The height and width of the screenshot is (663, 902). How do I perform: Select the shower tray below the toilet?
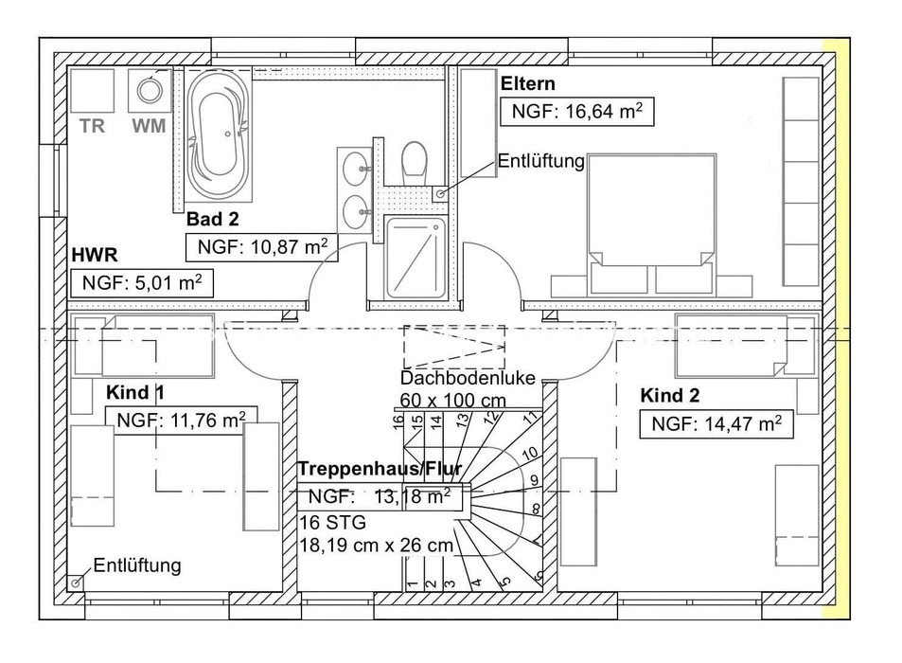[416, 257]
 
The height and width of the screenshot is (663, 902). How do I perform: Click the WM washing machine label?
[149, 125]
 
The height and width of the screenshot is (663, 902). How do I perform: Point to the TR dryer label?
[92, 125]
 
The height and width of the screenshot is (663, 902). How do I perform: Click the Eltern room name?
[527, 83]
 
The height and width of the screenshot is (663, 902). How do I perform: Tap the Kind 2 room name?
[669, 395]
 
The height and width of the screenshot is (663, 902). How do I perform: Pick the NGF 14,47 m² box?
[716, 424]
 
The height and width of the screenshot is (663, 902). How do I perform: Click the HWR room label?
[95, 255]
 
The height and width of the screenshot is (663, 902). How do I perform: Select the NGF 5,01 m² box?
[142, 283]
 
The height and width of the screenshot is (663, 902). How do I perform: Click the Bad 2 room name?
[212, 219]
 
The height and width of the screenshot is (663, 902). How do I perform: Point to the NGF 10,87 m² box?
[262, 247]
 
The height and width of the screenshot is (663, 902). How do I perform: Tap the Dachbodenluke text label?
[468, 378]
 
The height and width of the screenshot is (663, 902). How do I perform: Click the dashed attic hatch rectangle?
[454, 347]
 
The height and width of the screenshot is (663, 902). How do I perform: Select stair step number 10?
[530, 454]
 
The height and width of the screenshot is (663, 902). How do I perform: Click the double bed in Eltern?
[652, 224]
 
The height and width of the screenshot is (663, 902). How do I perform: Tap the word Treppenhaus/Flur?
[380, 469]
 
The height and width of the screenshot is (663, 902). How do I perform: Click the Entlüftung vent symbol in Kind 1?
[76, 583]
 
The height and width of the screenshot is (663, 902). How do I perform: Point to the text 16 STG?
[332, 523]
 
